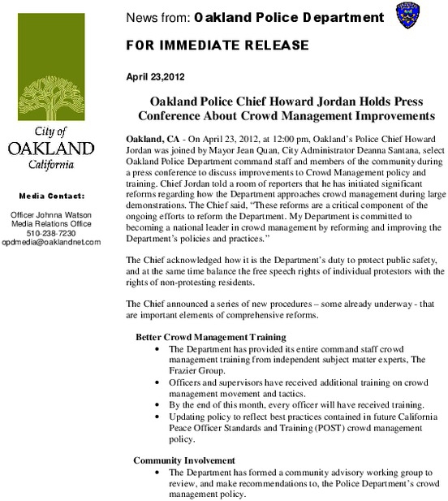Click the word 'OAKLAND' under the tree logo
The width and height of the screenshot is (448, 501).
click(x=50, y=148)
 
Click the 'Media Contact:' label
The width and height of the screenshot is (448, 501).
click(x=50, y=197)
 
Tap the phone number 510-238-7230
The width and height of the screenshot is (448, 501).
click(x=50, y=233)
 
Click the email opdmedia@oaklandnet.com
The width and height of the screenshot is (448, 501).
click(x=50, y=242)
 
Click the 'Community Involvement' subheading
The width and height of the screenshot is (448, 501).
click(x=185, y=460)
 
